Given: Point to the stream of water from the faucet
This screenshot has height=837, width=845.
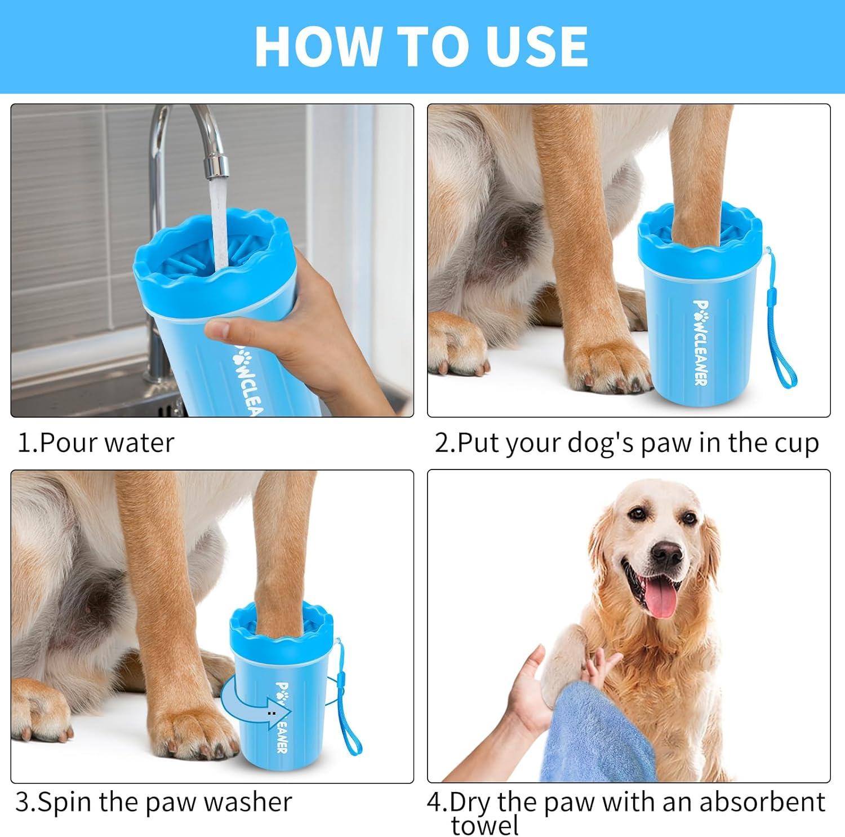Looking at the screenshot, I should (x=218, y=225).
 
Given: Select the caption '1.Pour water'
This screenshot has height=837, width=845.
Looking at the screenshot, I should (x=96, y=443).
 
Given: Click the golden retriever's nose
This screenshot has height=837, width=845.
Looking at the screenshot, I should (x=668, y=555).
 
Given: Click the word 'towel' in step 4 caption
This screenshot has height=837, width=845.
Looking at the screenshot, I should (x=485, y=826).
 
